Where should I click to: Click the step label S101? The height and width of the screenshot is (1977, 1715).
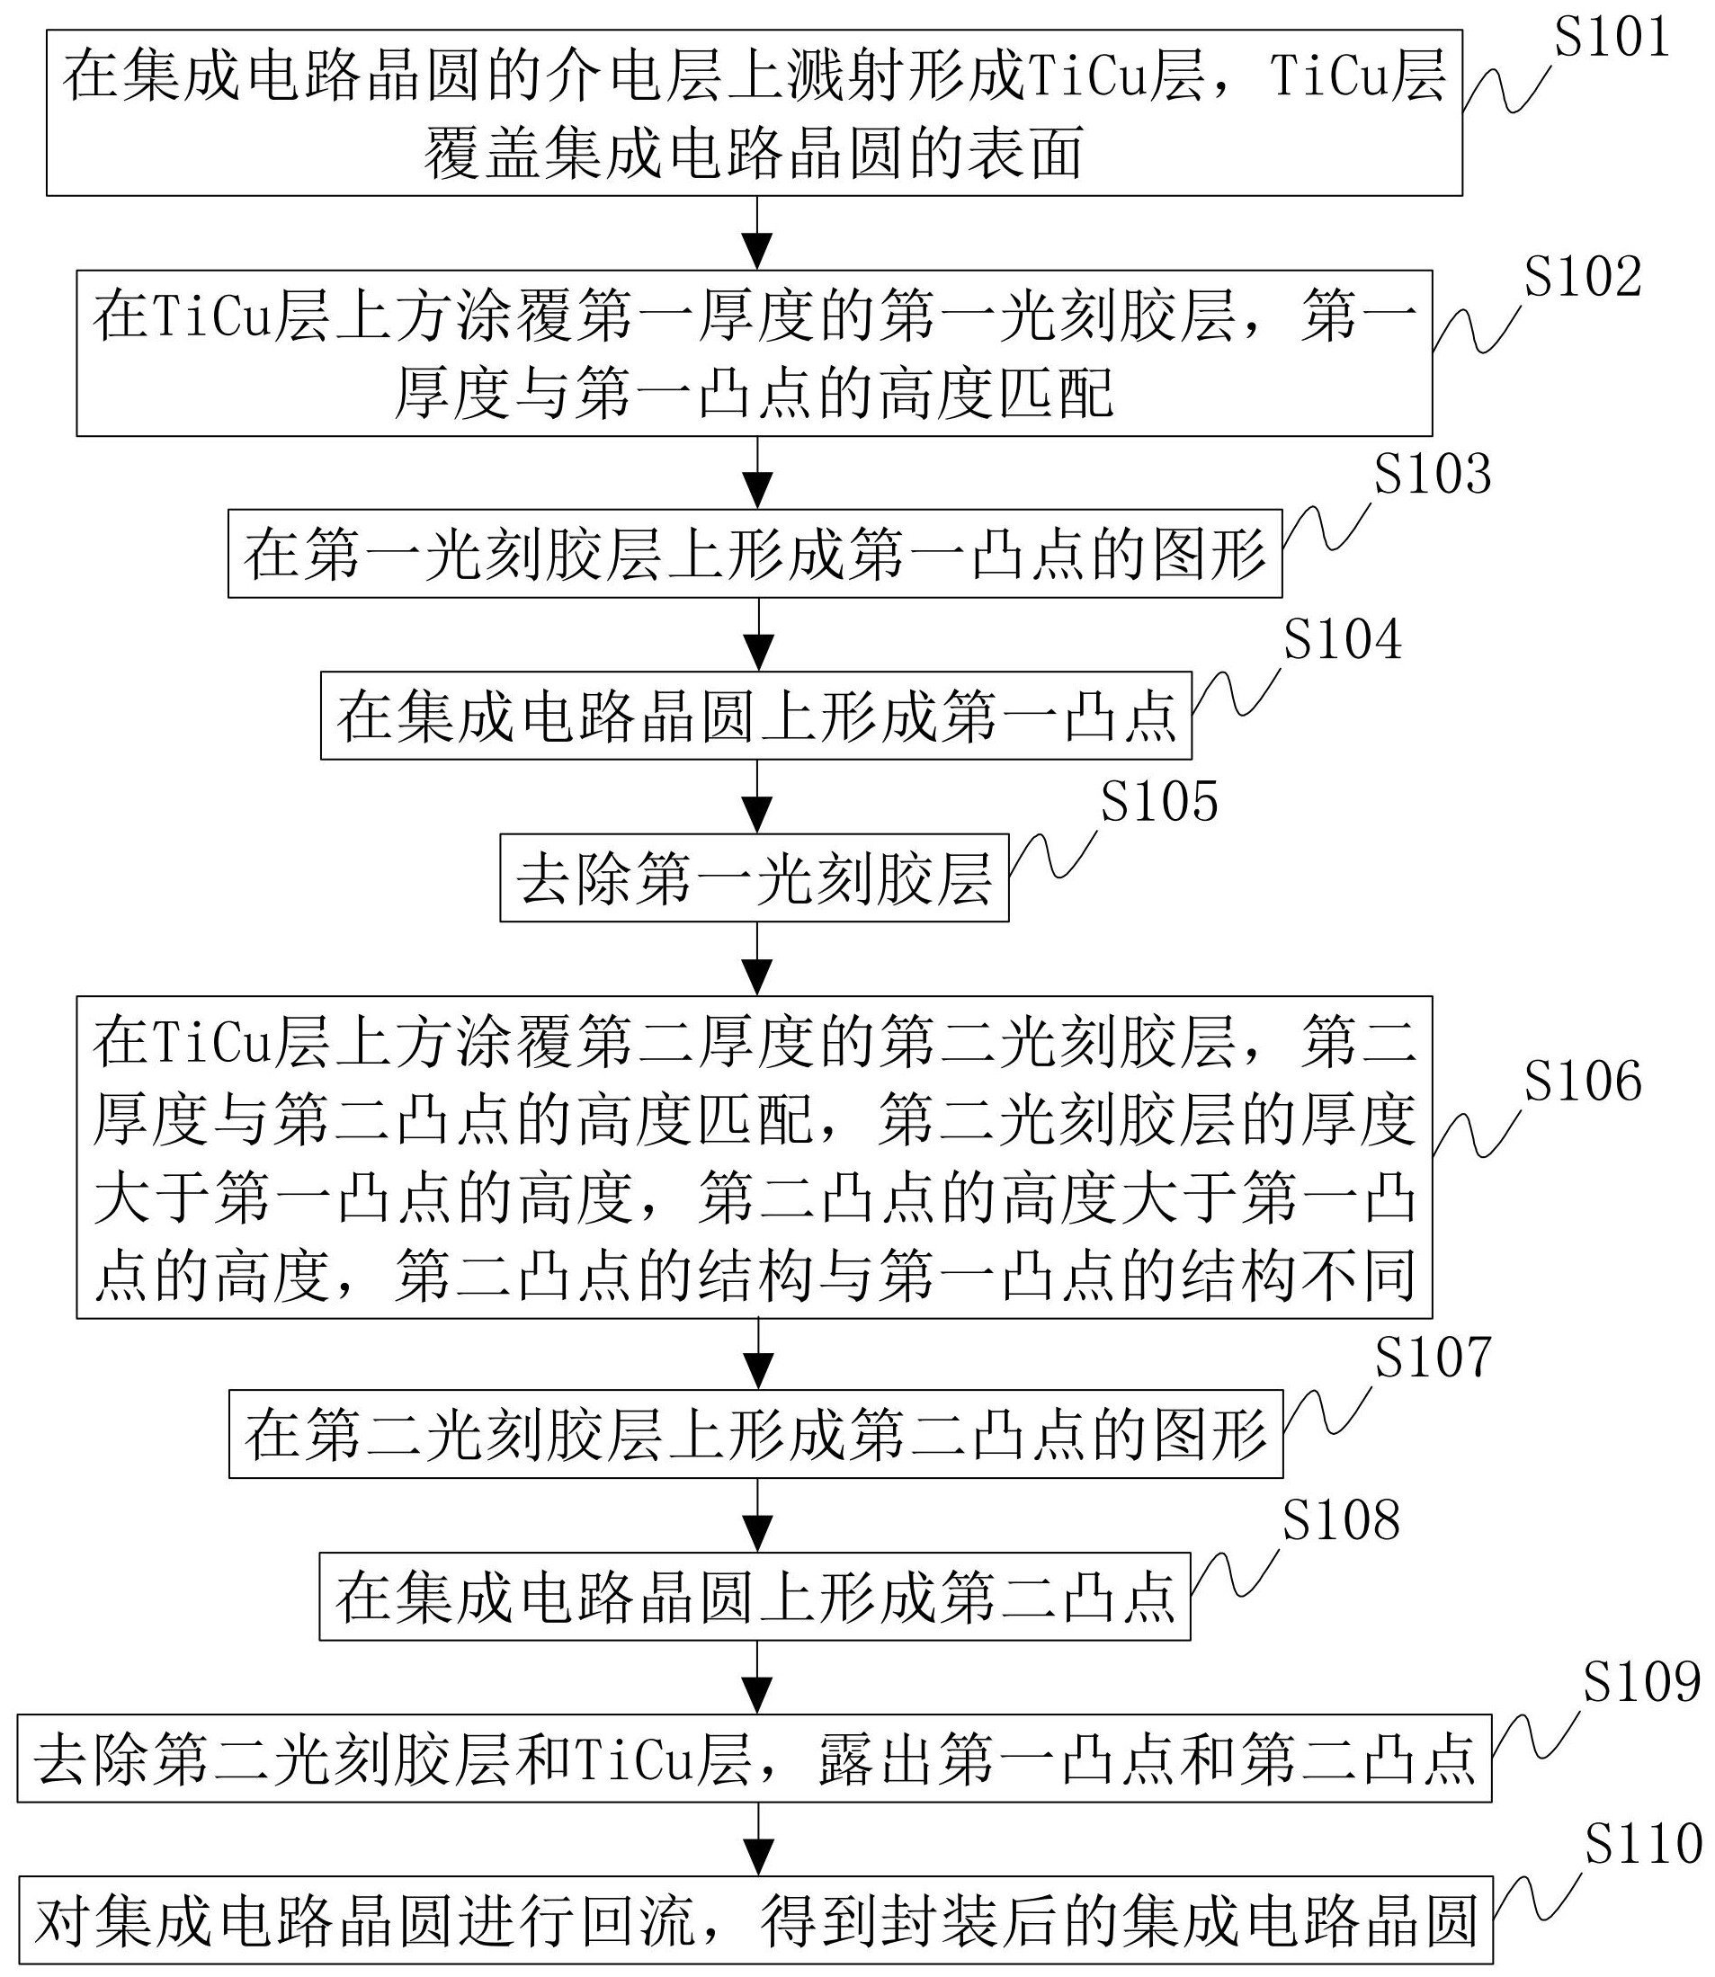click(1612, 39)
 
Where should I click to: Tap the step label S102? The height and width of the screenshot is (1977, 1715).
click(1583, 278)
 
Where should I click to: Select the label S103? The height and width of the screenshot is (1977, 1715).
click(1433, 476)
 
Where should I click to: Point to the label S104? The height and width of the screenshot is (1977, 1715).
click(1342, 639)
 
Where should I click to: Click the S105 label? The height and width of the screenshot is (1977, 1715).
click(1159, 802)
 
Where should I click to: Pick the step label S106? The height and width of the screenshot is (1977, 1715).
click(1583, 1082)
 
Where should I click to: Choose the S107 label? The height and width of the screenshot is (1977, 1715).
click(1433, 1358)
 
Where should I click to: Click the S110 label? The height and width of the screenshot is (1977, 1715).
click(1643, 1845)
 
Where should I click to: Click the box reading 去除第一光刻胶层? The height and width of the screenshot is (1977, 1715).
click(755, 878)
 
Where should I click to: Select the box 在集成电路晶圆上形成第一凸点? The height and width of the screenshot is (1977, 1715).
click(755, 716)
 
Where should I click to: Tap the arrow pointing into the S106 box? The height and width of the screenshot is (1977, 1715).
click(757, 959)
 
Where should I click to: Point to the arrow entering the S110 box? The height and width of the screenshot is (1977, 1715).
click(757, 1840)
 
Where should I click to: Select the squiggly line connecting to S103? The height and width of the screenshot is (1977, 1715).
click(1326, 529)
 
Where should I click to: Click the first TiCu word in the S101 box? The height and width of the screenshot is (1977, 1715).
click(1089, 77)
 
